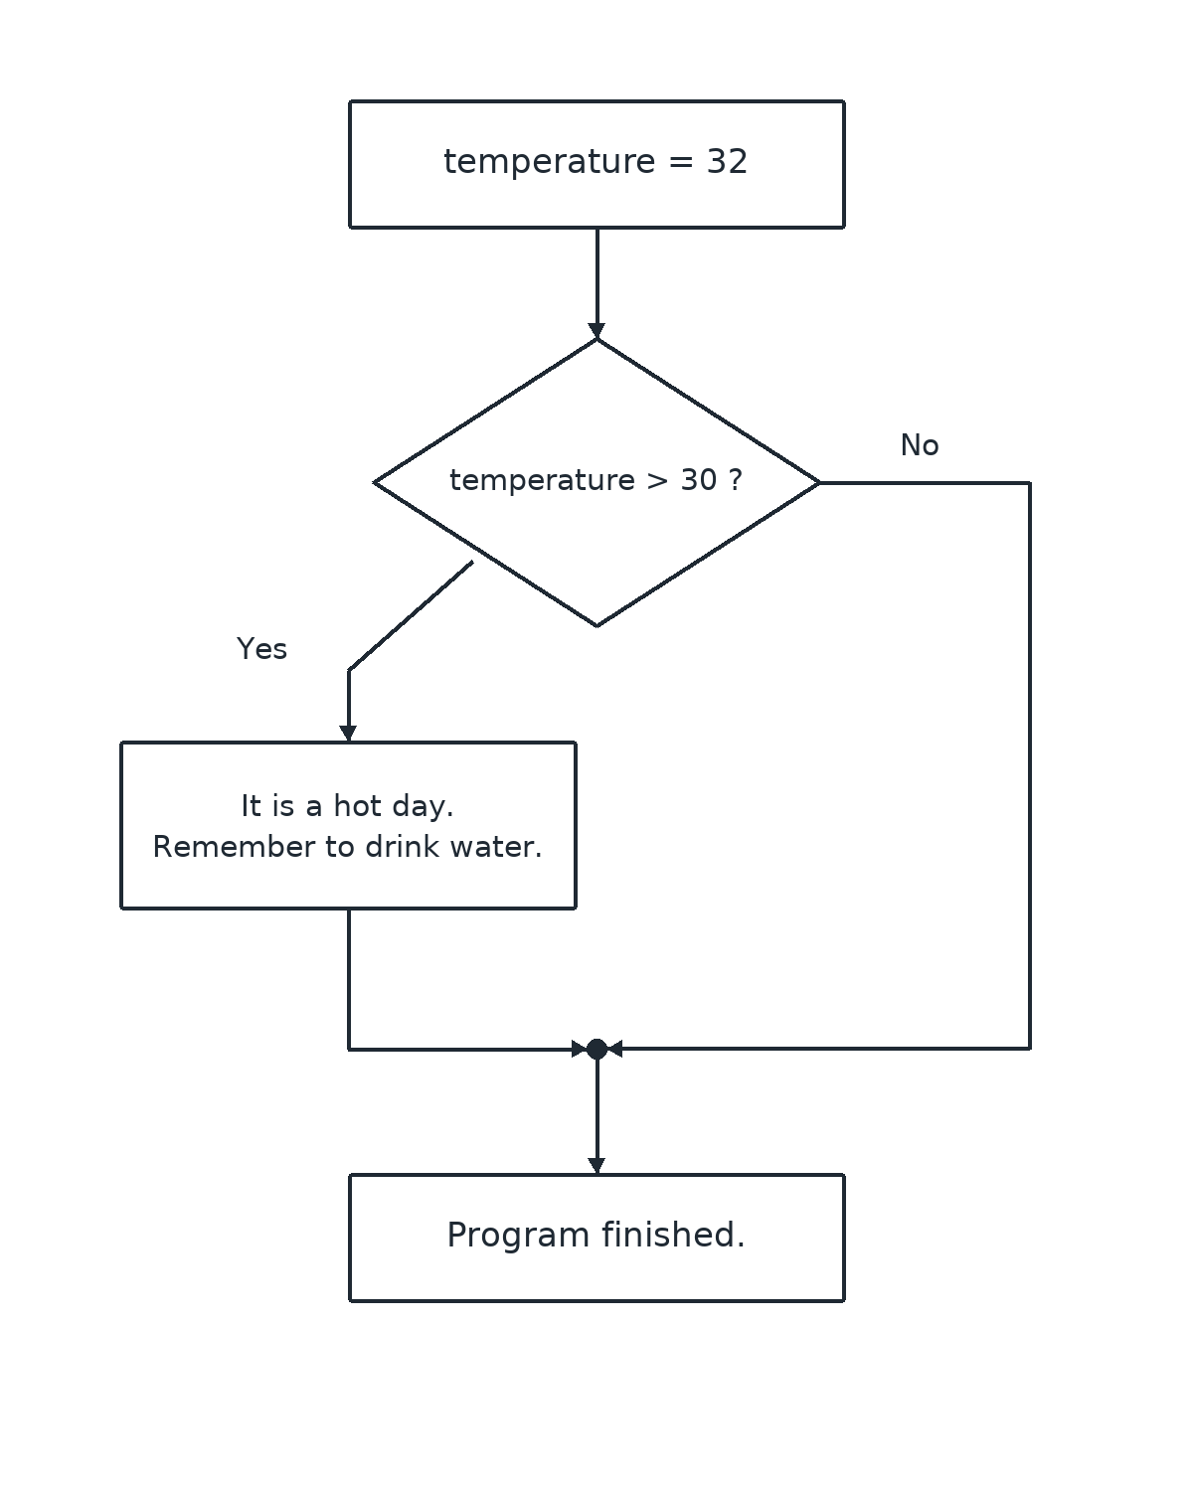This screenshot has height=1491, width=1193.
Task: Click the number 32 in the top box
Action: (727, 161)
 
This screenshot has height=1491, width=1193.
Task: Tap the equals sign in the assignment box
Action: (681, 162)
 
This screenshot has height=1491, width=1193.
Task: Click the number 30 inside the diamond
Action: (698, 480)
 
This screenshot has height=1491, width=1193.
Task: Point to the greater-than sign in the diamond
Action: (657, 481)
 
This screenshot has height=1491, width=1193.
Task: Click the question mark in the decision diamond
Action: (736, 480)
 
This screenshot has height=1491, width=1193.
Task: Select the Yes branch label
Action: (261, 649)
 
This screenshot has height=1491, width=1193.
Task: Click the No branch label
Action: (920, 445)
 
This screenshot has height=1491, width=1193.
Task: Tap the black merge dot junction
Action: (596, 1049)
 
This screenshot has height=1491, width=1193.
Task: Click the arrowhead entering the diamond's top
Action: (596, 330)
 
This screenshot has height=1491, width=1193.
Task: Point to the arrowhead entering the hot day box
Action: (348, 734)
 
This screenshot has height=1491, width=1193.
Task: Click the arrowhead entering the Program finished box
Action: (596, 1165)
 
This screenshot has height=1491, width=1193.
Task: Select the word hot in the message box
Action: (357, 806)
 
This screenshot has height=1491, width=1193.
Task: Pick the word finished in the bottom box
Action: (672, 1236)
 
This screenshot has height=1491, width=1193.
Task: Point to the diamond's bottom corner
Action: (596, 625)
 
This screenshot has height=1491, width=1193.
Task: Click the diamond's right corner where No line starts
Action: (818, 482)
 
